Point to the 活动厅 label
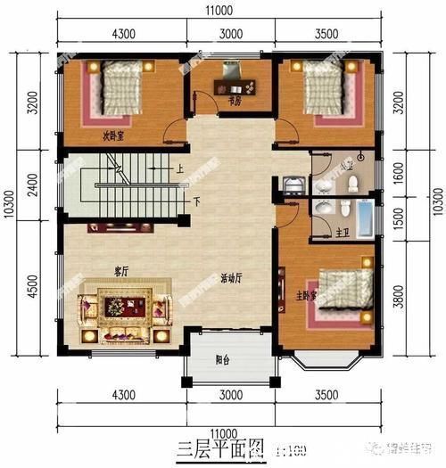point(233,277)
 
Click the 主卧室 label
point(307,293)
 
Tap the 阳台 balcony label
point(223,360)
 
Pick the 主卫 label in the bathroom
point(343,234)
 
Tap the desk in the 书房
point(234,86)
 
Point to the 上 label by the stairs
point(180,168)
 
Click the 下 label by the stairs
point(195,199)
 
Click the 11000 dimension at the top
point(223,11)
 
